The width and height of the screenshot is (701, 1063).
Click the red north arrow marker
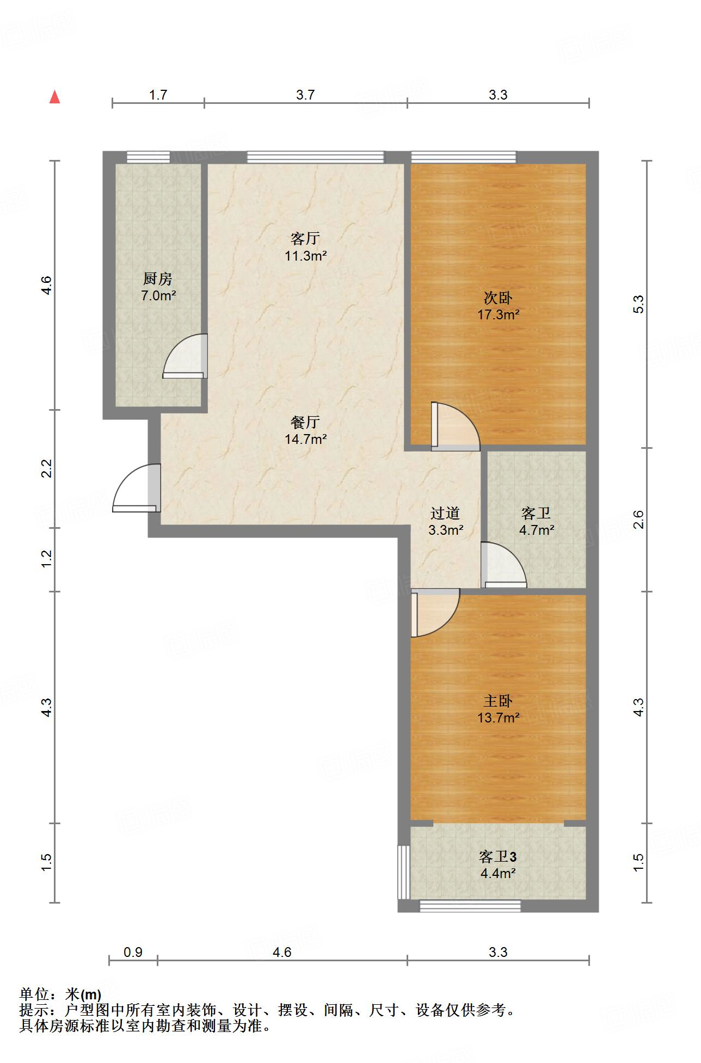click(54, 97)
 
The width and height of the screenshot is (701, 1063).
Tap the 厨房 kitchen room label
click(158, 280)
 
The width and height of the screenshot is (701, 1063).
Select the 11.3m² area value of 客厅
click(305, 256)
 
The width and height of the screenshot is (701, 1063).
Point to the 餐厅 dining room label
click(305, 422)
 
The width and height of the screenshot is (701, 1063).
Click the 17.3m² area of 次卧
click(498, 314)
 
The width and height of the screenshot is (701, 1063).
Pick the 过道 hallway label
click(445, 513)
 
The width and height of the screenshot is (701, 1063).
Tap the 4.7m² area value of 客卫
click(537, 530)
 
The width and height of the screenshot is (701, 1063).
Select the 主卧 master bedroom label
click(498, 701)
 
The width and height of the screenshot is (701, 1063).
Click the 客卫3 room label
click(498, 857)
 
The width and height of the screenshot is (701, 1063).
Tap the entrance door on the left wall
click(137, 487)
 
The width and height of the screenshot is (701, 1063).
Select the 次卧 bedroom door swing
click(456, 427)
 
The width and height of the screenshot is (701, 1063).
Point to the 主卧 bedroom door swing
click(435, 613)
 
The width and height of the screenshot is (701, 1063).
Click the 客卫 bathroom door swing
click(504, 565)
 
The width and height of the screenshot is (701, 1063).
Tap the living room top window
click(316, 157)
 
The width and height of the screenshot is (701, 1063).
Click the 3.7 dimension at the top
click(305, 95)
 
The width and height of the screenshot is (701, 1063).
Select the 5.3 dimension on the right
click(639, 304)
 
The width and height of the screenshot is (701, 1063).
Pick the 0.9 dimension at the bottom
click(133, 952)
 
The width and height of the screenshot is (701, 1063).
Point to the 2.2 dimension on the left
click(47, 468)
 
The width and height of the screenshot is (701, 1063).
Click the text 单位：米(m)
click(60, 994)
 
